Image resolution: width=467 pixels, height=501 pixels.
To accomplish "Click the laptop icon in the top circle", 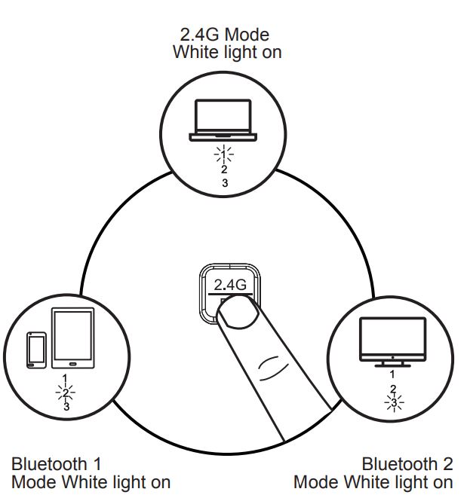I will (x=223, y=121).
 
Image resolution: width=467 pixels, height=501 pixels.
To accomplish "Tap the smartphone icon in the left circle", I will (x=35, y=350).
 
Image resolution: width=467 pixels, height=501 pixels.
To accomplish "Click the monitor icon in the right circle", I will (x=392, y=338).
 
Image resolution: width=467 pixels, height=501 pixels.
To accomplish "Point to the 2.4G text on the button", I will (x=230, y=284).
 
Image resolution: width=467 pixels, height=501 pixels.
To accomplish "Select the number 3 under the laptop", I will (x=223, y=182).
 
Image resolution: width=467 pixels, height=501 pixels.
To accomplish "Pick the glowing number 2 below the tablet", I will (x=66, y=393).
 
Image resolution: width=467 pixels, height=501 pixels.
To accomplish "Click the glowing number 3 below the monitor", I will (x=392, y=402).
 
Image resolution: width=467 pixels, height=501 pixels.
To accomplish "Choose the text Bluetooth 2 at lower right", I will (x=407, y=463).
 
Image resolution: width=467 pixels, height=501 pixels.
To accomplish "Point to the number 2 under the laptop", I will (x=223, y=170).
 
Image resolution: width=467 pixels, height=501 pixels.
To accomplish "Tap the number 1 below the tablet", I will (x=66, y=377).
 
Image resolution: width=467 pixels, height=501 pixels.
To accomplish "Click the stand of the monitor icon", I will (x=392, y=362).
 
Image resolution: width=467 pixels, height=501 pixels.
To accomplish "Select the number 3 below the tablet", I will (x=66, y=407).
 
